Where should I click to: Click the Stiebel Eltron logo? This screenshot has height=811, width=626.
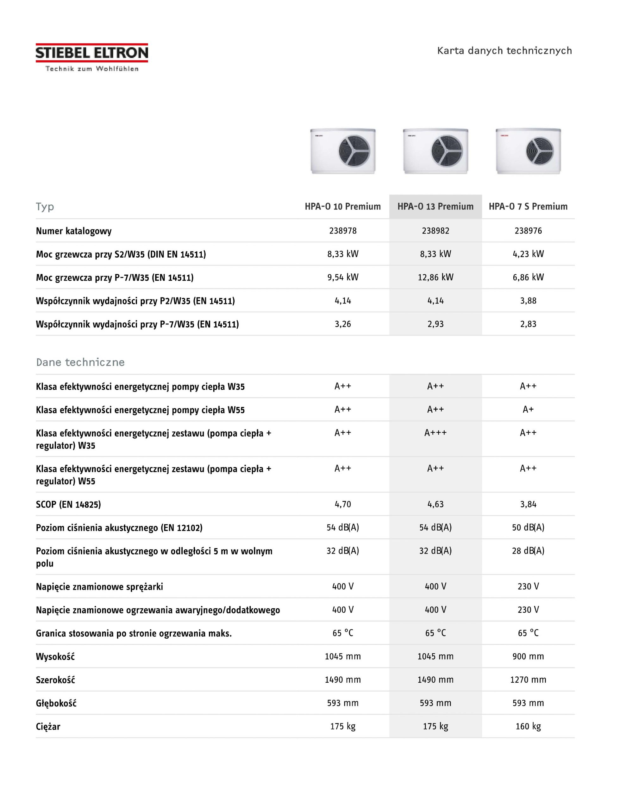click(92, 57)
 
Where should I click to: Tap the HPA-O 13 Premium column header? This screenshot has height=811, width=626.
click(435, 207)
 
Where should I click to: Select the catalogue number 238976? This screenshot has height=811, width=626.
click(528, 231)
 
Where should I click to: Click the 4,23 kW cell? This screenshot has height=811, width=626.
click(528, 254)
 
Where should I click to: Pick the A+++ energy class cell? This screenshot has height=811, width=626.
click(435, 433)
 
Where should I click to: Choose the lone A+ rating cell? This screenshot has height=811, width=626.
click(528, 410)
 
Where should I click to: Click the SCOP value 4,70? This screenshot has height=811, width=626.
click(342, 504)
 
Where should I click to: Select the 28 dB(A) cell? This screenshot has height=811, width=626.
click(528, 551)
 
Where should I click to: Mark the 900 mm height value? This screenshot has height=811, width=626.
click(528, 656)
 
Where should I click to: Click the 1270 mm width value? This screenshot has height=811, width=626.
click(528, 680)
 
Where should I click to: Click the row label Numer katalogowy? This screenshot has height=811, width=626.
click(74, 231)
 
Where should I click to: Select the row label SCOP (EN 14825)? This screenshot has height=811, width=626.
click(68, 504)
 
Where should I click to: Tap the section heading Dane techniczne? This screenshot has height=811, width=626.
click(80, 362)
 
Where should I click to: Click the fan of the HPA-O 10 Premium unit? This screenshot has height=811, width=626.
click(354, 151)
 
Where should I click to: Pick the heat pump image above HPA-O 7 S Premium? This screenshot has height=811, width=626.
click(528, 151)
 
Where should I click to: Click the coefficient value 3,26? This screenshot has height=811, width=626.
click(342, 324)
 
